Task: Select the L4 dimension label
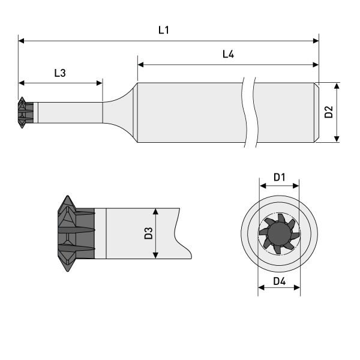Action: [x=228, y=54]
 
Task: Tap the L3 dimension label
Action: [x=60, y=73]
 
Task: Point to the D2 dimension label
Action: [x=328, y=112]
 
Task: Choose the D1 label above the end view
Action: [x=279, y=177]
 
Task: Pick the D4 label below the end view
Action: [x=279, y=281]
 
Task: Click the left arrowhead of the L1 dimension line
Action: [x=22, y=41]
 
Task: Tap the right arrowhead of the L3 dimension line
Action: [x=99, y=83]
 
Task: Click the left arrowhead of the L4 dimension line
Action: [x=141, y=64]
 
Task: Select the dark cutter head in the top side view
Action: [x=24, y=112]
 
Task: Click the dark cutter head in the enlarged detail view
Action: [x=75, y=233]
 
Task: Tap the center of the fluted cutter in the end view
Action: [x=279, y=232]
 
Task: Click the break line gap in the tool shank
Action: [x=248, y=112]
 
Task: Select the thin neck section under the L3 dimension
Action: [x=69, y=112]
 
